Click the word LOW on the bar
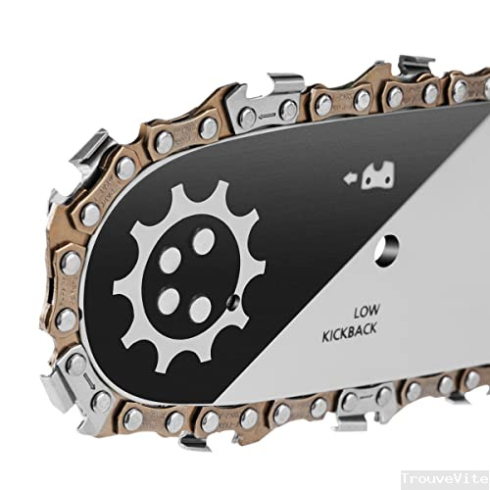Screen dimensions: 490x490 (x=367, y=312)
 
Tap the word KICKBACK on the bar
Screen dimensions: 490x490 (x=350, y=331)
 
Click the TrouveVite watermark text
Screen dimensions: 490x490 (x=445, y=479)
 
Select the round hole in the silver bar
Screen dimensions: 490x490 (x=387, y=250)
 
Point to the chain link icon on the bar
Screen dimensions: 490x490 (x=378, y=175)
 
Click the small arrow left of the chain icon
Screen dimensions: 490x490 (x=350, y=178)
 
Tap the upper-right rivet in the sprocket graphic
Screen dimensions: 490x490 (x=203, y=241)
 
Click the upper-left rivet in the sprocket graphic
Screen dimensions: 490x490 (x=171, y=261)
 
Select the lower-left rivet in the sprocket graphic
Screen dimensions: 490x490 (x=169, y=302)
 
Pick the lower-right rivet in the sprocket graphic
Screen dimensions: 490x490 (x=200, y=310)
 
